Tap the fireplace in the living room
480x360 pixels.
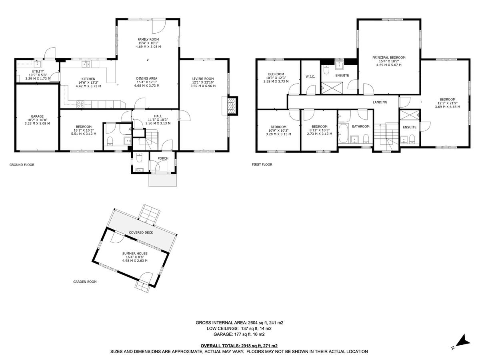[x=231, y=105]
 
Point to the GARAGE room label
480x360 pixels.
[x=37, y=117]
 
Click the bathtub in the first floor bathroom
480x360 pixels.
[x=344, y=133]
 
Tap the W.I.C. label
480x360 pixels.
[x=310, y=76]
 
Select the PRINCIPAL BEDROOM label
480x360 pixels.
[x=388, y=58]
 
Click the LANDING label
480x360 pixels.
[x=380, y=102]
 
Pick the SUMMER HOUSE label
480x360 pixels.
[x=135, y=254]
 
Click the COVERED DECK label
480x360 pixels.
[x=141, y=232]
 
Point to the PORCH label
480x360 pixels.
[x=163, y=158]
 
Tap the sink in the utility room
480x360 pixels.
[x=37, y=63]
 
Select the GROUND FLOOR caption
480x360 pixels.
[x=22, y=164]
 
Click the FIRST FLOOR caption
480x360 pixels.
[x=262, y=164]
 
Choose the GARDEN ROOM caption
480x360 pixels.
[x=85, y=282]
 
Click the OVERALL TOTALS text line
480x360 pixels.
[x=239, y=346]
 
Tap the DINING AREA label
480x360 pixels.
[x=146, y=79]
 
